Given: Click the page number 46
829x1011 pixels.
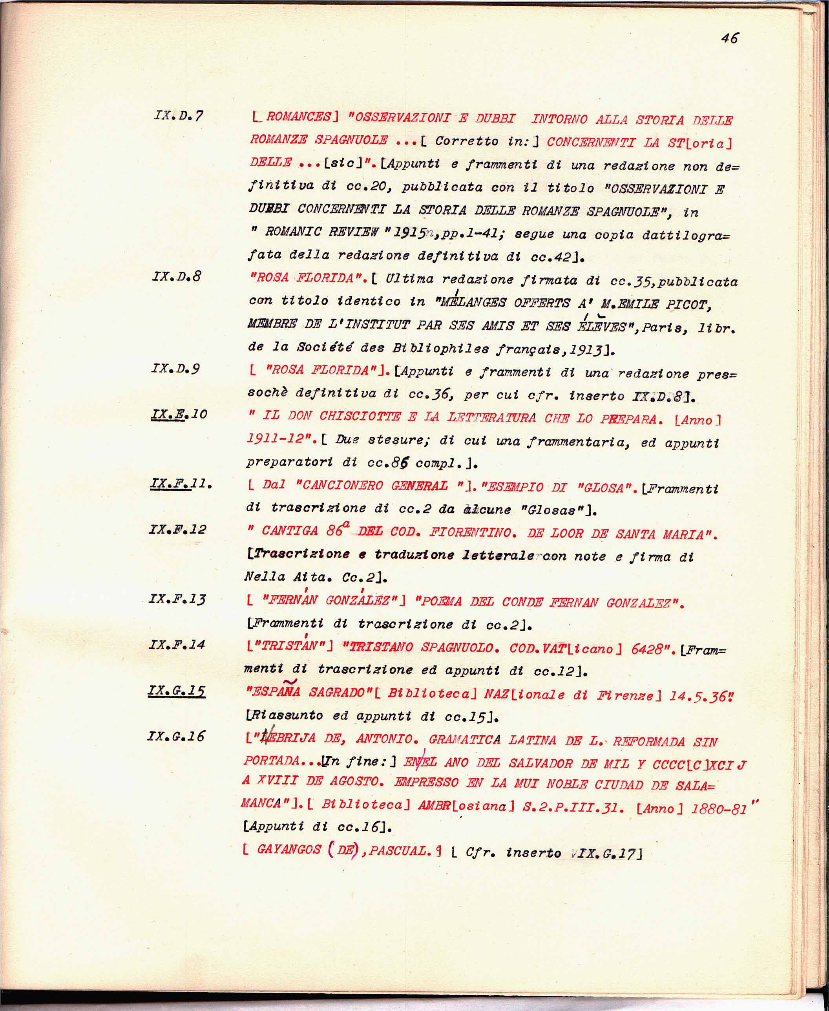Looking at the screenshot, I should pyautogui.click(x=729, y=38).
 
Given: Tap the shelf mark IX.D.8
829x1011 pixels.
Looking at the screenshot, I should pyautogui.click(x=177, y=276).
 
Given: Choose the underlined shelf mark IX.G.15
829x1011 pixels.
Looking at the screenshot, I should pyautogui.click(x=177, y=691).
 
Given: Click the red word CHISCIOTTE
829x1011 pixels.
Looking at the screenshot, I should pyautogui.click(x=360, y=417).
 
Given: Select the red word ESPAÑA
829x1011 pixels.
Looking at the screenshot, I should pyautogui.click(x=273, y=692).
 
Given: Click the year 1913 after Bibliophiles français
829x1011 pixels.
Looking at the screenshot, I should pyautogui.click(x=588, y=350).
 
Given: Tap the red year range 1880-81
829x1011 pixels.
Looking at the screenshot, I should pyautogui.click(x=719, y=808).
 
